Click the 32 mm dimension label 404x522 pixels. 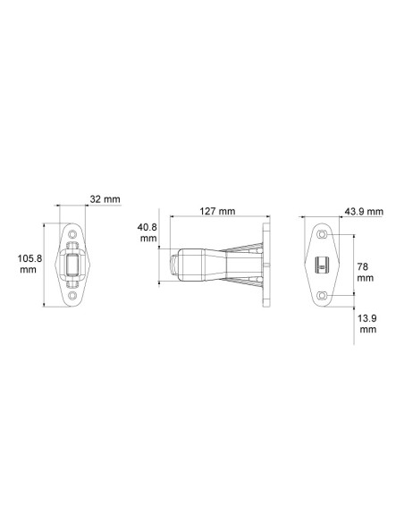[105, 198]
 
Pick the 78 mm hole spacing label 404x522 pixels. [365, 272]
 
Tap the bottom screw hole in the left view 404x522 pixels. [73, 294]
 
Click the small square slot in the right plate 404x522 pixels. [323, 265]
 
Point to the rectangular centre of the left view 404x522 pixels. [73, 265]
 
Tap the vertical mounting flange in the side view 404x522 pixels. [265, 265]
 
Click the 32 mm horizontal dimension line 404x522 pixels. [73, 206]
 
